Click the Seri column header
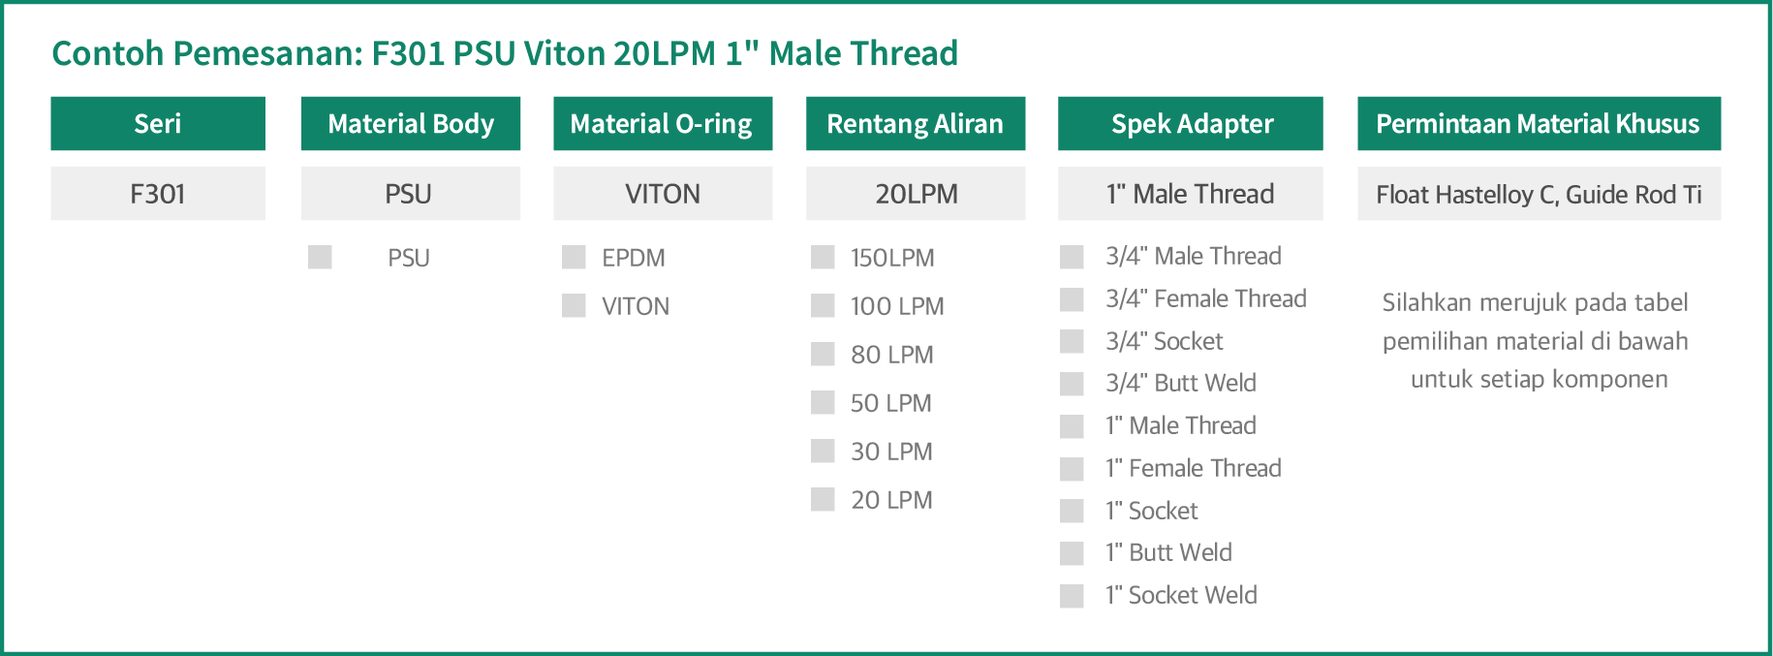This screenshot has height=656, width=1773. tap(158, 123)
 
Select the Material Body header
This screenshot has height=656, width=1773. tap(411, 123)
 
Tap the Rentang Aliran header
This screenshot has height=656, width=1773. tap(916, 123)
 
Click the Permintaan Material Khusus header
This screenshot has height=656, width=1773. tap(1539, 123)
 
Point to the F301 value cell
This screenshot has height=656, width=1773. tap(158, 194)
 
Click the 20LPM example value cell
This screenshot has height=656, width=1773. tap(916, 194)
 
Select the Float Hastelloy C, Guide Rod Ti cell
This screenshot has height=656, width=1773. tap(1539, 194)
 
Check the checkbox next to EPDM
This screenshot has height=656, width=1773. tap(574, 257)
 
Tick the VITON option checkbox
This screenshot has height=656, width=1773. tap(574, 305)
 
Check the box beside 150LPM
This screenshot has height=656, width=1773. tap(823, 257)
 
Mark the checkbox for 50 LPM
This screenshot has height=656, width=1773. tap(823, 402)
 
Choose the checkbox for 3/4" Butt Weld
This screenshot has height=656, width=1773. tap(1072, 384)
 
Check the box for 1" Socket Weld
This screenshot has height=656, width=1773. tap(1072, 596)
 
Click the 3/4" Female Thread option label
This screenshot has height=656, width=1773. tap(1206, 298)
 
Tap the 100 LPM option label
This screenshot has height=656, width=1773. tap(897, 306)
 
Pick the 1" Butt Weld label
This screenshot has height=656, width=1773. tap(1168, 552)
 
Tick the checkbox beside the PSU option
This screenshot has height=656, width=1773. tap(320, 257)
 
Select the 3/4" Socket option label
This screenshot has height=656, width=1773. tap(1164, 341)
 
